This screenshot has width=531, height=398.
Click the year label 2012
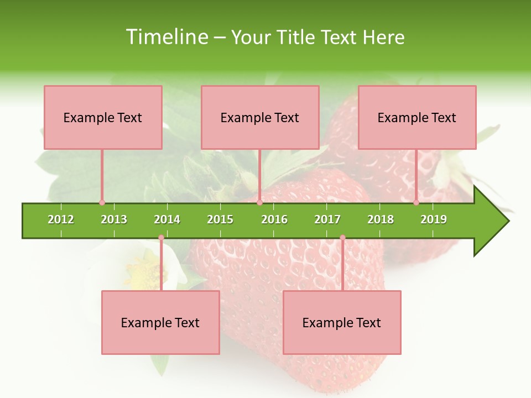pyautogui.click(x=61, y=219)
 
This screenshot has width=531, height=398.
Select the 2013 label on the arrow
pyautogui.click(x=114, y=219)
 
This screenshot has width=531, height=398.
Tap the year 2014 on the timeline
pyautogui.click(x=167, y=219)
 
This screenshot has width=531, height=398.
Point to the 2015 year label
pyautogui.click(x=220, y=219)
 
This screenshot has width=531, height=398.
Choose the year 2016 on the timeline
pyautogui.click(x=274, y=219)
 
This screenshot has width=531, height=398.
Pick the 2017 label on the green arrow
pyautogui.click(x=327, y=219)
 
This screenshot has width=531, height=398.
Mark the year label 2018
pyautogui.click(x=381, y=219)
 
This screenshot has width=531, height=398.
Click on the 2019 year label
pyautogui.click(x=434, y=219)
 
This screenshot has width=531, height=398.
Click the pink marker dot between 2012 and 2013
pyautogui.click(x=102, y=202)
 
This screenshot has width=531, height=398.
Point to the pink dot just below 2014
pyautogui.click(x=161, y=238)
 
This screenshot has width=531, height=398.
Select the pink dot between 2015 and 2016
pyautogui.click(x=259, y=202)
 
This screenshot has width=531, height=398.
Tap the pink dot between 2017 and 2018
pyautogui.click(x=342, y=238)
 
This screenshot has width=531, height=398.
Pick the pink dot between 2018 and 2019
pyautogui.click(x=416, y=202)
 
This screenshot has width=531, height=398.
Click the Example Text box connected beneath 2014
pyautogui.click(x=160, y=322)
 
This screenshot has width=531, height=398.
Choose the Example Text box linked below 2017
pyautogui.click(x=342, y=322)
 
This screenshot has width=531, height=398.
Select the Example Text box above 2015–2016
pyautogui.click(x=260, y=117)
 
